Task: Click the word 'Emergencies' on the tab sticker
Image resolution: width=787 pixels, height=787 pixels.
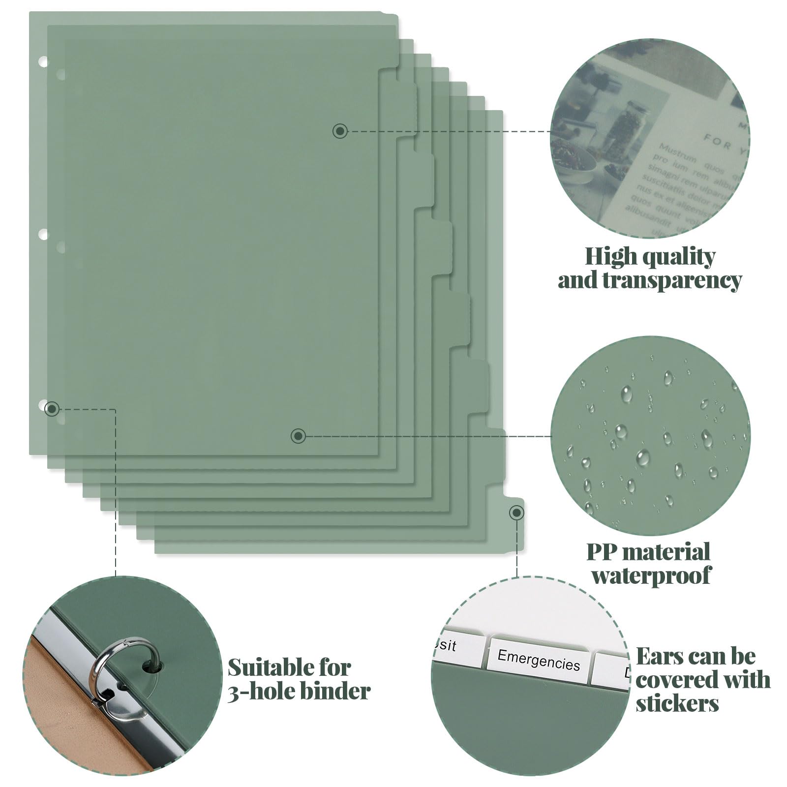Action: (538, 660)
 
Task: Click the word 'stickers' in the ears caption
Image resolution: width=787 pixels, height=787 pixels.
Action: (677, 703)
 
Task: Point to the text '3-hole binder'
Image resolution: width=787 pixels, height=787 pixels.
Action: (299, 691)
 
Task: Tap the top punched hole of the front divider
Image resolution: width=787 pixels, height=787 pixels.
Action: (43, 62)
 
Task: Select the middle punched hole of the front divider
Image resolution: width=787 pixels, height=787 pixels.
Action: (43, 234)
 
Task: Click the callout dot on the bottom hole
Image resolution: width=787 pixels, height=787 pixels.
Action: (52, 409)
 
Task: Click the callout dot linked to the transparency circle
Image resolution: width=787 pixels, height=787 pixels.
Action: (340, 131)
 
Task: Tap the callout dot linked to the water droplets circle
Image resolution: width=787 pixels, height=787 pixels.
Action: (299, 436)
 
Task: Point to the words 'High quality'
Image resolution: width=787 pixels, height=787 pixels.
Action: (649, 256)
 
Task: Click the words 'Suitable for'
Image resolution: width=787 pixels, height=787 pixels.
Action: (289, 667)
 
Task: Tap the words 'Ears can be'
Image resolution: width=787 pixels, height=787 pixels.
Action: (696, 656)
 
